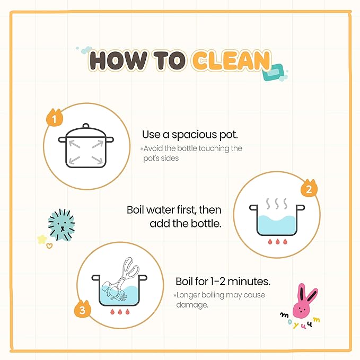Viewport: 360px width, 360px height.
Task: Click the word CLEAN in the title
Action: tap(231, 60)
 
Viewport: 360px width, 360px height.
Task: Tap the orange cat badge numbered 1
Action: tap(55, 118)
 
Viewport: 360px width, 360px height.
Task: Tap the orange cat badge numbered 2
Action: tap(309, 188)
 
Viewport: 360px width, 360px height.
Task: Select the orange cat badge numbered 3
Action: tap(82, 309)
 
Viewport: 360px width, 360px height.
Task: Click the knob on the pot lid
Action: tap(86, 126)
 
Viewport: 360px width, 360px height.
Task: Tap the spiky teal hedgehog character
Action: tap(62, 225)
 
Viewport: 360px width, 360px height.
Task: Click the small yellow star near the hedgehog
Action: tap(42, 239)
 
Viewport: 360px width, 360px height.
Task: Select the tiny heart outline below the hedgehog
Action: tap(49, 246)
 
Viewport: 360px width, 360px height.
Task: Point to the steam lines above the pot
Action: tap(277, 204)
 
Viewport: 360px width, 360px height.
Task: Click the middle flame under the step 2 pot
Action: tap(278, 242)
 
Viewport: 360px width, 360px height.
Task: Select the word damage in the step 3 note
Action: tap(192, 305)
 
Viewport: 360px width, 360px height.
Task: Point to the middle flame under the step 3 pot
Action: tap(120, 312)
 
